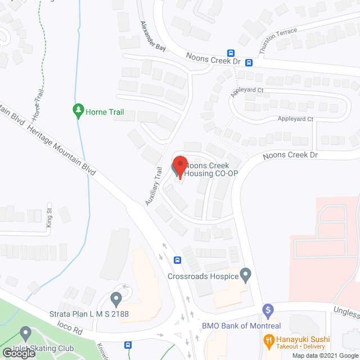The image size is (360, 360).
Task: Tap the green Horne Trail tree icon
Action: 79,111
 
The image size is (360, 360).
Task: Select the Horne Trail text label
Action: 105,112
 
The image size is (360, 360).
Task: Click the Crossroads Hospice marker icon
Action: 245,275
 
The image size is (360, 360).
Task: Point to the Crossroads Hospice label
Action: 203,276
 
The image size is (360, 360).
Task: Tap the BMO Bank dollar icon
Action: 268,310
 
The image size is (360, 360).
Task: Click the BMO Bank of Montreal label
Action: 242,326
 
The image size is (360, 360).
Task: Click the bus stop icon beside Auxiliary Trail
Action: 177,260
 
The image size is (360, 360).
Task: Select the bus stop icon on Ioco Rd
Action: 129,345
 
